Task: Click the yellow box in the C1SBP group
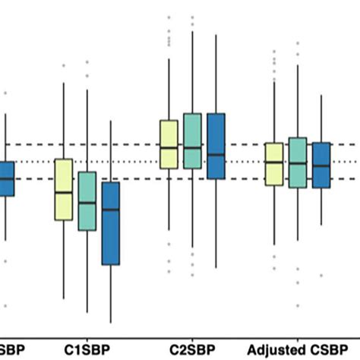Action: (63, 190)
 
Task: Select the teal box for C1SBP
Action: (87, 201)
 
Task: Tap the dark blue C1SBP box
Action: (111, 223)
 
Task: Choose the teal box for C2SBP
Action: (192, 141)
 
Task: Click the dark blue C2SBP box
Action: (216, 146)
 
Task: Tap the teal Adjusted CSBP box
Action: (298, 163)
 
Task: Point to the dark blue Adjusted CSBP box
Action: (322, 165)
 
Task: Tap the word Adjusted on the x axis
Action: (273, 349)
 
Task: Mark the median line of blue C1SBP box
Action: (111, 209)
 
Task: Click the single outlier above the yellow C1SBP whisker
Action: (63, 66)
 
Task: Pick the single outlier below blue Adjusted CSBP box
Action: (322, 276)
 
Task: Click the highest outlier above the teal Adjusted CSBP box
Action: (298, 43)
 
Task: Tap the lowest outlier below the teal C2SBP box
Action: (192, 274)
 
